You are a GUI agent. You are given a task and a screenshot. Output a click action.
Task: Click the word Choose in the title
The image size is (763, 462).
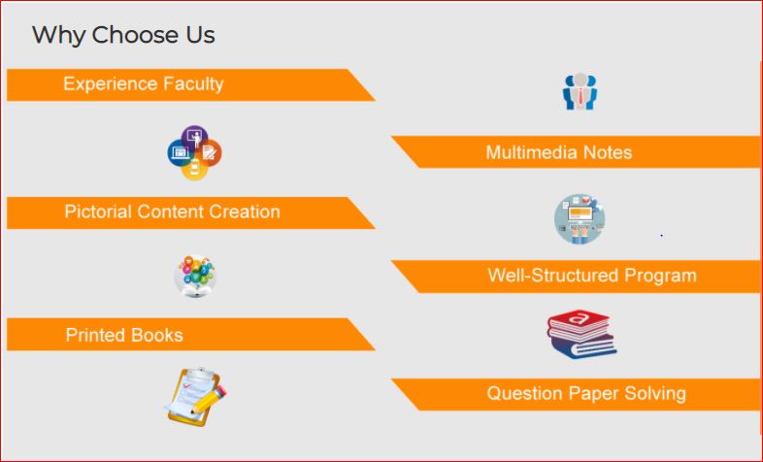136,35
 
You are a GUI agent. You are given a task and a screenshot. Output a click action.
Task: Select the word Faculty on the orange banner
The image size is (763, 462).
193,84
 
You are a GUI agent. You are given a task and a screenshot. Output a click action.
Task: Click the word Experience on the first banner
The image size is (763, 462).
111,84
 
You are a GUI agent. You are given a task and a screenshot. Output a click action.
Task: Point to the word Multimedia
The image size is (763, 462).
531,152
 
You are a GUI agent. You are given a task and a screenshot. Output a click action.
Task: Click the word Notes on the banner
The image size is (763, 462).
608,152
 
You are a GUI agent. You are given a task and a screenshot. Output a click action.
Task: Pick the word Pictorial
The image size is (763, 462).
98,212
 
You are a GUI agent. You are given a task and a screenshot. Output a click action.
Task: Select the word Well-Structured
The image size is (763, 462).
553,276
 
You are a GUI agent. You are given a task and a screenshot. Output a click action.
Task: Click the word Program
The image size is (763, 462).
660,277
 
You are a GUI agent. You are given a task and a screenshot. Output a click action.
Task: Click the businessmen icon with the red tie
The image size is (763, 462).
580,91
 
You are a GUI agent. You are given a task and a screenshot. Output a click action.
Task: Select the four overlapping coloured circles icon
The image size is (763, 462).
195,152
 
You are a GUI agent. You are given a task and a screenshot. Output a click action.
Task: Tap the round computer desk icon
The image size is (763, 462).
580,218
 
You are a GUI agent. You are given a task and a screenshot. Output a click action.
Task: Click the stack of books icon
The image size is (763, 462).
581,334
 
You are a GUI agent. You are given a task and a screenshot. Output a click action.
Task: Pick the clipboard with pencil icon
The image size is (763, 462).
196,397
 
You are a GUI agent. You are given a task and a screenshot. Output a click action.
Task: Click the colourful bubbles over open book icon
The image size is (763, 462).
195,276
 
